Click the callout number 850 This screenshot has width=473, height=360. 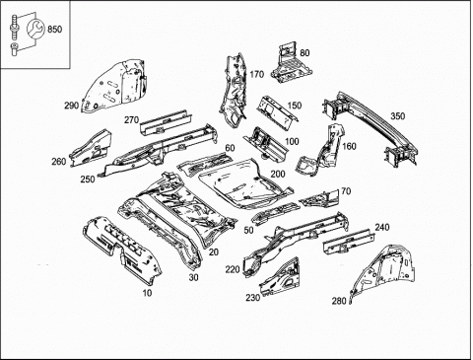pos(54,30)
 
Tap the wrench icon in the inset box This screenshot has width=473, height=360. pos(34,29)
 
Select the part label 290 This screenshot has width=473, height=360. pos(72,106)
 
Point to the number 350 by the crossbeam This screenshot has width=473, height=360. pos(398,116)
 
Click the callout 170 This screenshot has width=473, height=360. pos(256,75)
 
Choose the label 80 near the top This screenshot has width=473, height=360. pos(304,53)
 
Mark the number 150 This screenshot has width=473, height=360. pos(295,106)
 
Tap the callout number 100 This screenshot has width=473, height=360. pos(292,141)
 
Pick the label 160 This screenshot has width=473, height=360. pos(349,146)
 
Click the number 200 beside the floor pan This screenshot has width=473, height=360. pos(278,174)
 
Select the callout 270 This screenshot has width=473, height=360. pos(131,120)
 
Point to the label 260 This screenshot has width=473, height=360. pos(59,162)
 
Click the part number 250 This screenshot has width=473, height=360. pos(88,180)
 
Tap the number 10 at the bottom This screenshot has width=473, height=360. pos(147,293)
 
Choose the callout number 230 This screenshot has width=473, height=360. pos(253,298)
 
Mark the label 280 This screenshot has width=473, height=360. pos(339,301)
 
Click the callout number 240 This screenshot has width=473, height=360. pos(382,227)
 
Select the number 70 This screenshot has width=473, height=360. pos(346,191)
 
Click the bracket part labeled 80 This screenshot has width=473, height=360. pos(290,65)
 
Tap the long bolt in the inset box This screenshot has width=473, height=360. pos(14,27)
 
